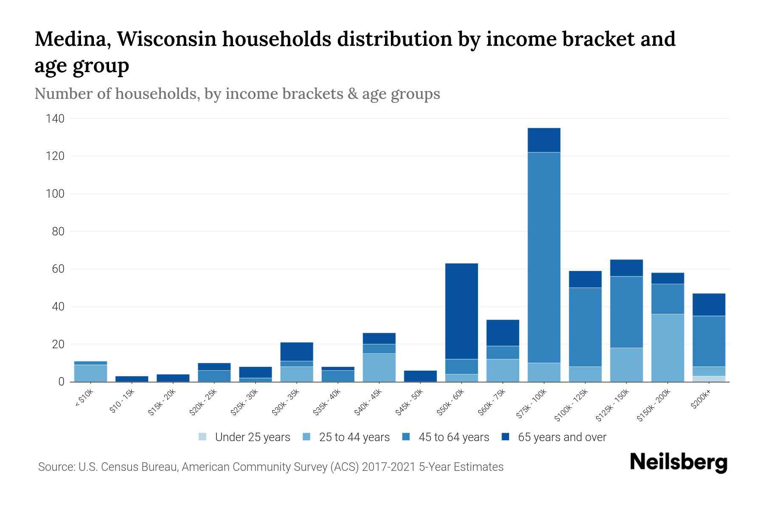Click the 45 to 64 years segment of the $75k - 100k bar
(544, 257)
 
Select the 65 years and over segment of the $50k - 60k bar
(461, 311)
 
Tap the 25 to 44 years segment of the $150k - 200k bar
(668, 347)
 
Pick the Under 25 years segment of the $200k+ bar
(709, 379)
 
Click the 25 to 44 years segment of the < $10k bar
(90, 373)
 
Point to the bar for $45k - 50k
(420, 376)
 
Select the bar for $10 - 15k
(132, 379)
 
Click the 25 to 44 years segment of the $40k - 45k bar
(379, 367)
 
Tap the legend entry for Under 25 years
(244, 437)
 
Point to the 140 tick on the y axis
(55, 119)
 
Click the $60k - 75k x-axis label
(493, 403)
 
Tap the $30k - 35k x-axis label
(286, 403)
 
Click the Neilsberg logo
(678, 462)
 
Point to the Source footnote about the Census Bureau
(270, 467)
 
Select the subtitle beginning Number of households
(237, 94)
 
